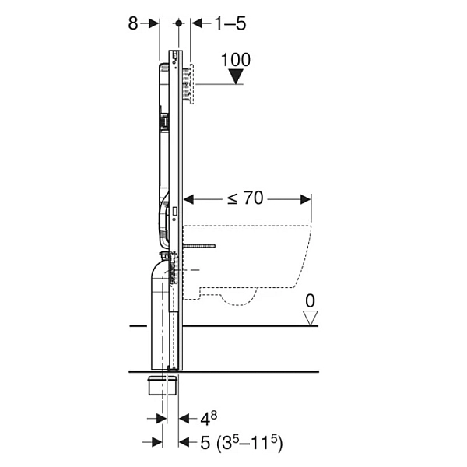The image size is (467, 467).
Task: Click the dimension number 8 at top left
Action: pyautogui.click(x=133, y=23)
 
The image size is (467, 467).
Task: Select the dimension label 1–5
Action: pyautogui.click(x=230, y=23)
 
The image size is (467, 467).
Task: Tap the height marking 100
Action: pyautogui.click(x=236, y=60)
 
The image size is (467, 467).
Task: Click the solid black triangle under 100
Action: pyautogui.click(x=236, y=76)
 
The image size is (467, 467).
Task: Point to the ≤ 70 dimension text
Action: pyautogui.click(x=245, y=198)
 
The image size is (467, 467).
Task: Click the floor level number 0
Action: pyautogui.click(x=310, y=300)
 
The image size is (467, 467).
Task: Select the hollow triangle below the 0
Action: pyautogui.click(x=310, y=318)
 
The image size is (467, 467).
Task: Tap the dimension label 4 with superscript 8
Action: pyautogui.click(x=209, y=418)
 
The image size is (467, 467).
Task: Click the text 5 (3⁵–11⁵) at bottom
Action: pyautogui.click(x=241, y=442)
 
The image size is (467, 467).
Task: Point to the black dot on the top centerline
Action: pyautogui.click(x=179, y=23)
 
